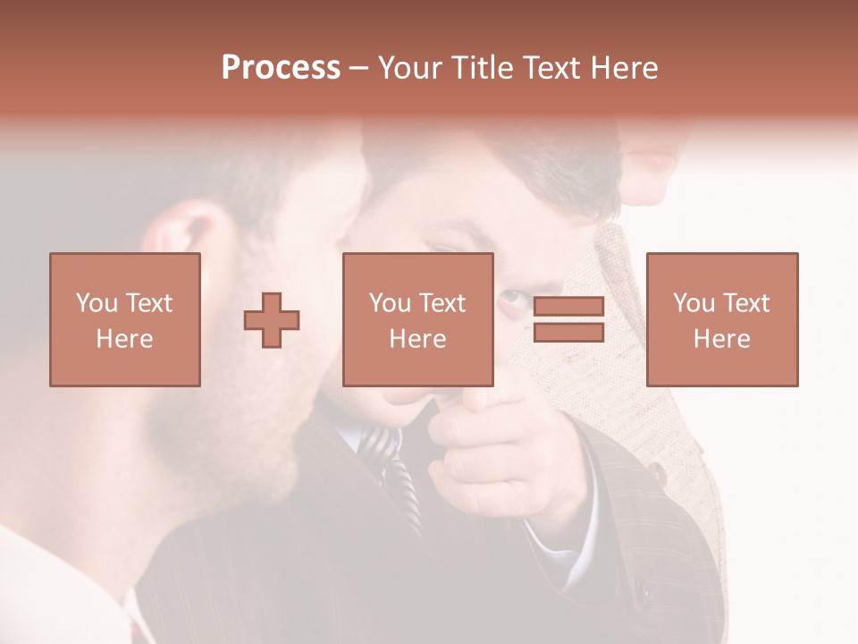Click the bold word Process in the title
coord(281,68)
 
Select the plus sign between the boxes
coord(272,320)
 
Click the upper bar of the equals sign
coord(568,307)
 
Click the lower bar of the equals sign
coord(568,333)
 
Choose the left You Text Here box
coord(124,319)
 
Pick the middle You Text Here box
coord(417,319)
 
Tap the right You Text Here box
coord(721,319)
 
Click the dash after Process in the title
coord(358,70)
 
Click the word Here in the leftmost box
coord(124,338)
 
